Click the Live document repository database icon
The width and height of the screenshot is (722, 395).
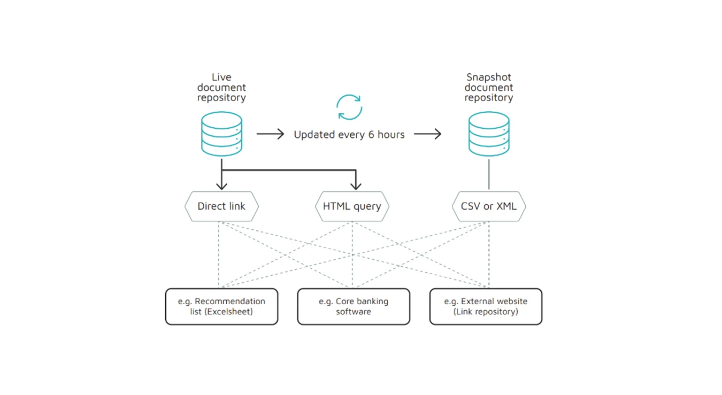(221, 134)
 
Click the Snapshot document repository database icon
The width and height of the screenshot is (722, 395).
(488, 134)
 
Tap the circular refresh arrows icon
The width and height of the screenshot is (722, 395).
(349, 107)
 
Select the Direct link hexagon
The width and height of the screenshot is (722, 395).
(221, 206)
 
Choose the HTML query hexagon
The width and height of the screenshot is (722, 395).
(352, 206)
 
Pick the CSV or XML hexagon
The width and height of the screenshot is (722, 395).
(488, 206)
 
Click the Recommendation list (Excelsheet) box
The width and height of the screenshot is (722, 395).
(221, 306)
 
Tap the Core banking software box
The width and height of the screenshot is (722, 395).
(354, 306)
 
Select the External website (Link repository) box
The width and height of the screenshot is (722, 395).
(486, 306)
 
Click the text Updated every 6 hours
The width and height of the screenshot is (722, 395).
(349, 135)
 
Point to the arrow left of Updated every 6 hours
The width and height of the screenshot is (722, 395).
(270, 134)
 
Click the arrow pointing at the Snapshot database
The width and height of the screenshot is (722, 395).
(427, 134)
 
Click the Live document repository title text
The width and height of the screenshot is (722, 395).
(221, 87)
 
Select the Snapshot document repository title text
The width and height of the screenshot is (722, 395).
(488, 87)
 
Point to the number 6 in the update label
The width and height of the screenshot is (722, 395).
(371, 135)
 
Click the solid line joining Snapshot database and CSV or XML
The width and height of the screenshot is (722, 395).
(488, 174)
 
